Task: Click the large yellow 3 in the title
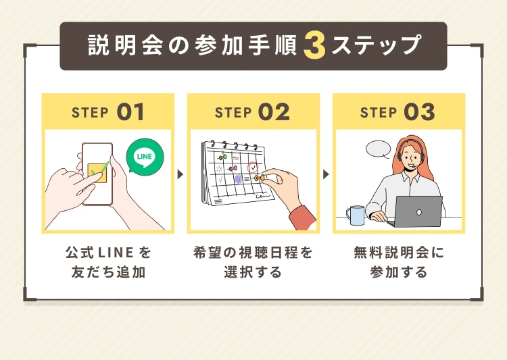point(314,45)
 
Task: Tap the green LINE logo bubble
point(145,157)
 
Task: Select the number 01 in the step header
point(130,112)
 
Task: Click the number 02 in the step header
point(274,112)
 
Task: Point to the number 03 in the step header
point(419,112)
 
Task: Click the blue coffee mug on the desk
point(356,215)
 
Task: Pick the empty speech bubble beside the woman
point(379,149)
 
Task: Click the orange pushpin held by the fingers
point(259,178)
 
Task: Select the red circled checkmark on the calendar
point(253,168)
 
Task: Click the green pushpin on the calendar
point(223,157)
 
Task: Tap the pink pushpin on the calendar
point(233,168)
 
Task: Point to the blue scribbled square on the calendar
point(238,179)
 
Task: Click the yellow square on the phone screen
point(98,173)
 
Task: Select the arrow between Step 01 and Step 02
point(180,174)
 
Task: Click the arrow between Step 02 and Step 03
point(326,174)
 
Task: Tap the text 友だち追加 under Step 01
point(108,272)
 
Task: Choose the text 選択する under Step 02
point(254,272)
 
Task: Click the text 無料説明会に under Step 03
point(399,253)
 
